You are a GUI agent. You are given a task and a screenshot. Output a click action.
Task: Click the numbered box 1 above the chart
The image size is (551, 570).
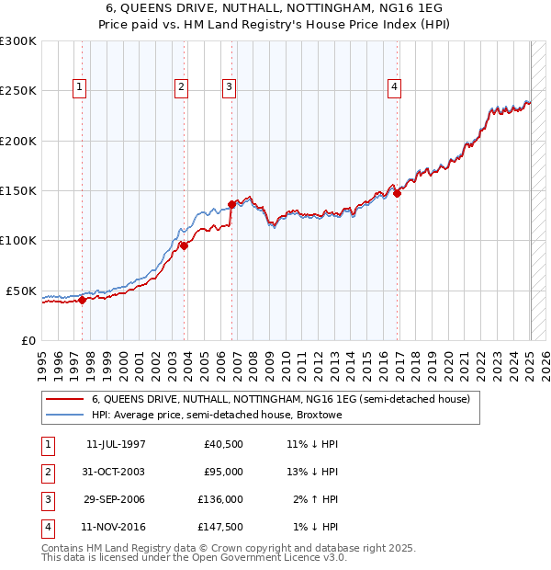[80, 88]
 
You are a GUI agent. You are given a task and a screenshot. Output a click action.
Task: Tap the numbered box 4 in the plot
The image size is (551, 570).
[394, 88]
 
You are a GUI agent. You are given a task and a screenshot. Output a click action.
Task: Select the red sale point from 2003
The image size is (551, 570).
[184, 245]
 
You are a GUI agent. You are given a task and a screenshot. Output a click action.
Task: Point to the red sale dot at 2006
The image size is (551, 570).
[231, 205]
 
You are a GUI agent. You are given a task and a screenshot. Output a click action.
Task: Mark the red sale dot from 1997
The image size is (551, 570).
[82, 299]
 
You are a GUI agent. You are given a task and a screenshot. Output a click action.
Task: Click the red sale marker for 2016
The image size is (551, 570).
[397, 193]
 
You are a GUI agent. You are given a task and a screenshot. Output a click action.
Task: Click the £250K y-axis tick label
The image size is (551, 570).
[18, 91]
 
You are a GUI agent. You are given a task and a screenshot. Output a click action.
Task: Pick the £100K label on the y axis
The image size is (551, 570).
[18, 240]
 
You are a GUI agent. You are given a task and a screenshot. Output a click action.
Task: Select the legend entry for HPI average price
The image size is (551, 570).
[216, 415]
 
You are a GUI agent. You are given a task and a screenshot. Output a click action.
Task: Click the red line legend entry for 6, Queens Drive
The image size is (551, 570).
[280, 399]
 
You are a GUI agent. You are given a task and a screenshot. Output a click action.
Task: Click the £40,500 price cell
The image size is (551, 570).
[223, 444]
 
